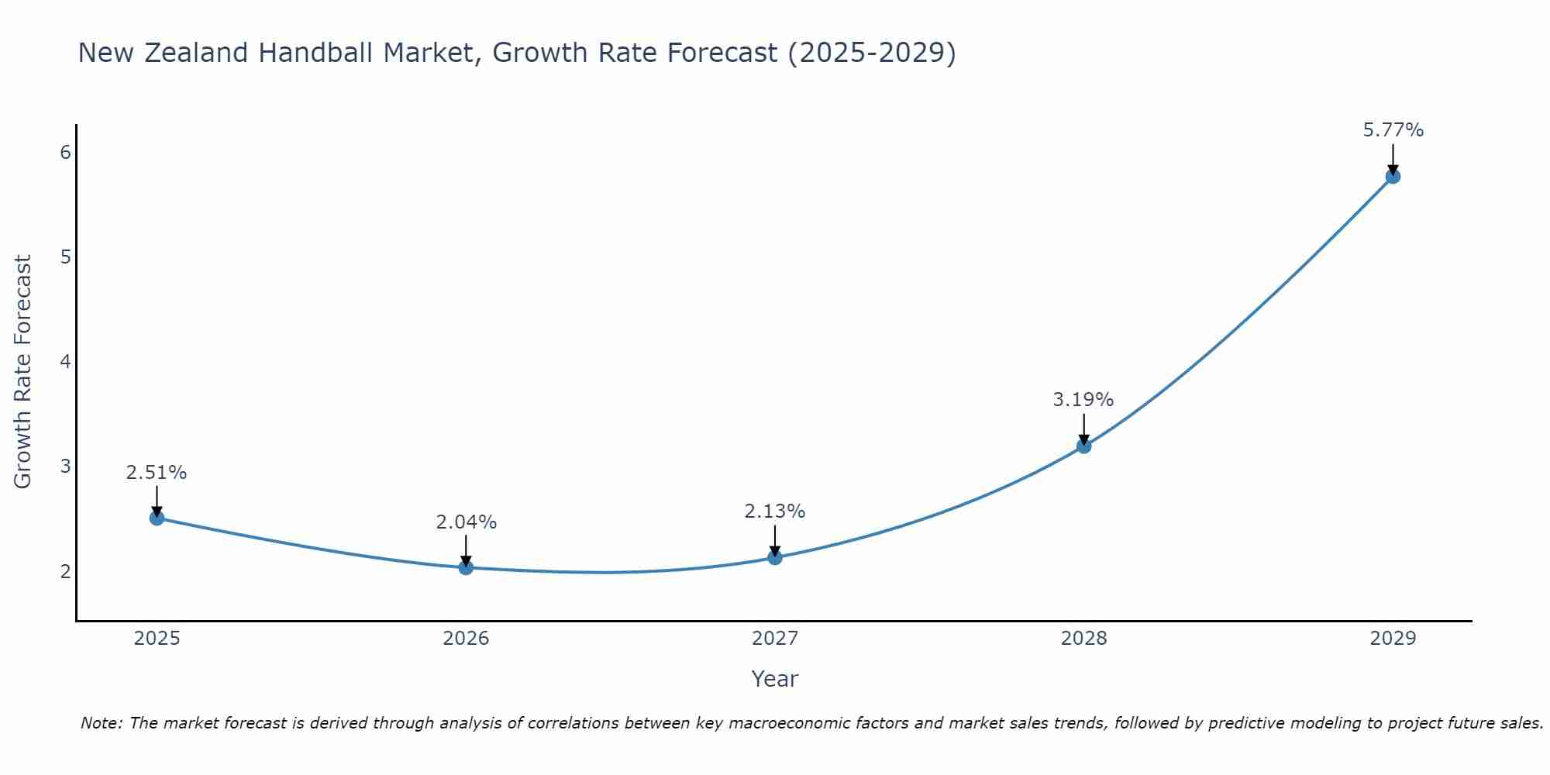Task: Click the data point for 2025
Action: (x=157, y=518)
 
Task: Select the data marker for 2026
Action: (x=466, y=567)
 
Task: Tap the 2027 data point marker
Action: (x=775, y=557)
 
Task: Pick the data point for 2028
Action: (x=1083, y=446)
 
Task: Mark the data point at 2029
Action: (x=1393, y=176)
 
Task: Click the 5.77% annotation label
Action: (x=1393, y=130)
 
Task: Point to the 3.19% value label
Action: (x=1083, y=400)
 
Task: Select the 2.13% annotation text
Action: (x=774, y=511)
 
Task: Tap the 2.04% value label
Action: (x=466, y=522)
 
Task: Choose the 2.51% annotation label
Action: (x=157, y=473)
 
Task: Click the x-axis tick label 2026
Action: (x=466, y=639)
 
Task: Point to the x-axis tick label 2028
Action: (x=1083, y=639)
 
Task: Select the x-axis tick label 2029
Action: (x=1393, y=639)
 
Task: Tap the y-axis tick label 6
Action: (x=65, y=152)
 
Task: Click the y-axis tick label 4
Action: (x=65, y=362)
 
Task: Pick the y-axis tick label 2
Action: (x=65, y=572)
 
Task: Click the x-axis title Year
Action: (x=774, y=679)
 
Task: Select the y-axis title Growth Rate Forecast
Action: (x=23, y=372)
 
